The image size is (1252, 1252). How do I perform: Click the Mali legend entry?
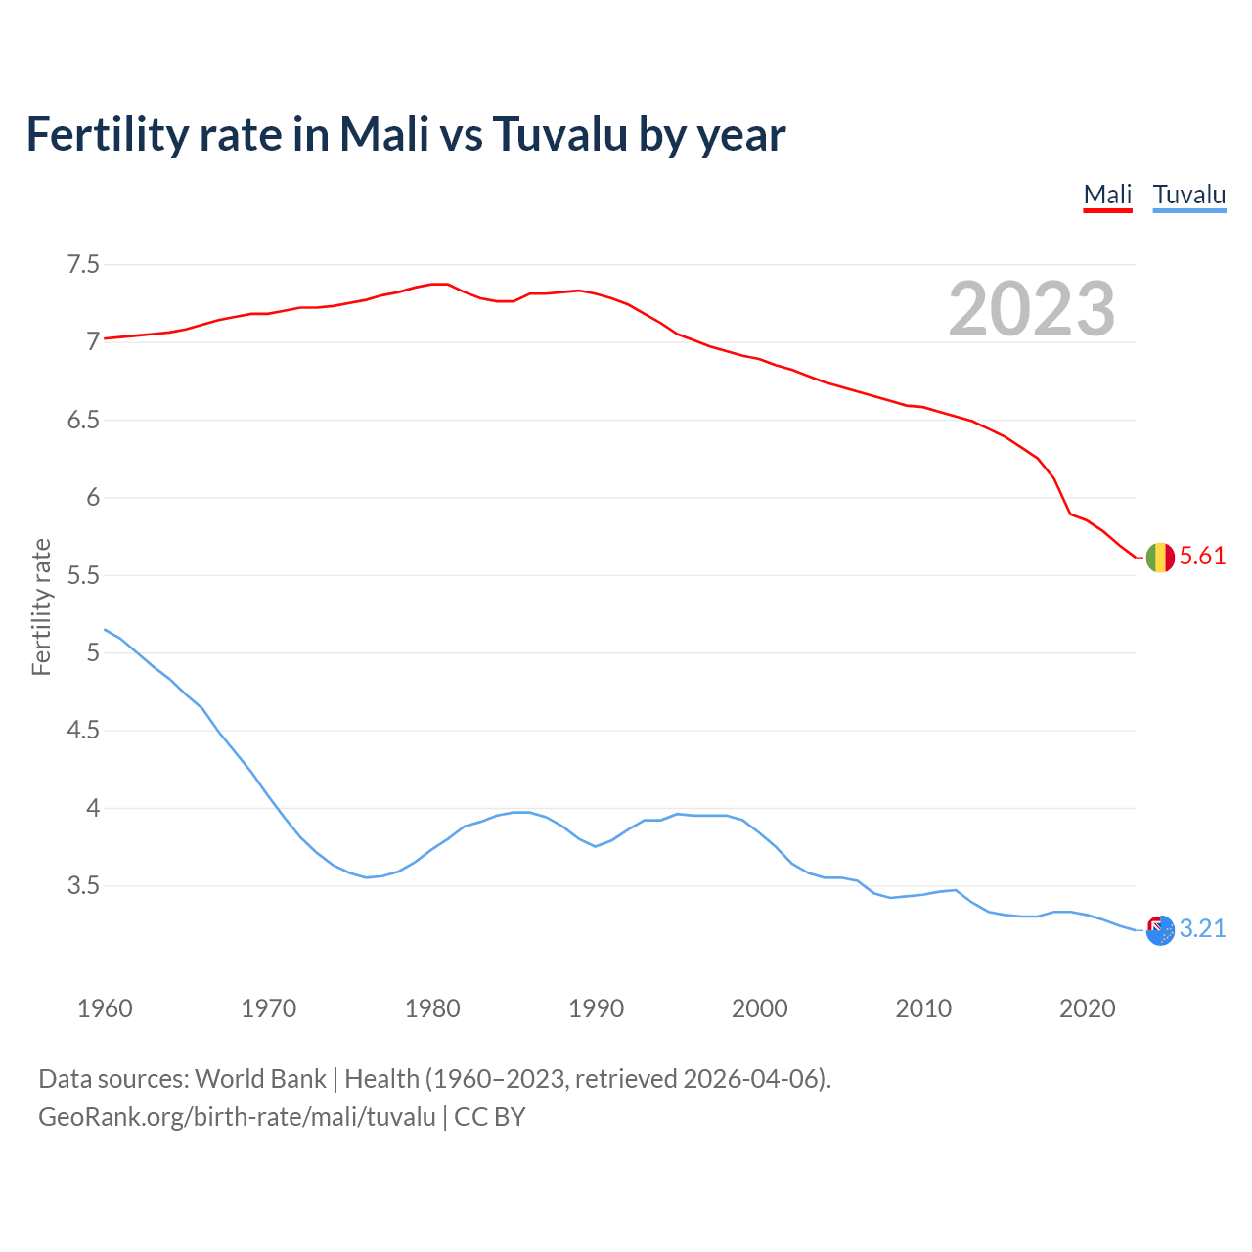(x=1107, y=195)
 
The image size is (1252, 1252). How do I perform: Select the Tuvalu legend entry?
(x=1188, y=195)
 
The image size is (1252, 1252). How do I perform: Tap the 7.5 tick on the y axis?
(x=83, y=265)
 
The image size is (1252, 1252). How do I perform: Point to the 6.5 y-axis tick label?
(x=83, y=421)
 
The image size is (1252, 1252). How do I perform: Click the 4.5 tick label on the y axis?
(x=83, y=731)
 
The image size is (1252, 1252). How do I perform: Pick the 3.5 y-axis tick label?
(x=83, y=886)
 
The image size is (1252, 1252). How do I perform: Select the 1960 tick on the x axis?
(x=105, y=1008)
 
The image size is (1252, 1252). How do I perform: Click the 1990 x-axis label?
(x=596, y=1008)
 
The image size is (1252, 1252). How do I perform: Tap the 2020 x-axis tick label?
(x=1087, y=1008)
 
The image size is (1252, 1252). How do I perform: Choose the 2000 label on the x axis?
(x=759, y=1008)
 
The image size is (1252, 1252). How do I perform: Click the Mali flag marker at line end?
(x=1160, y=558)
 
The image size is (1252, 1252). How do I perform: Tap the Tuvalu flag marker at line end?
(x=1160, y=930)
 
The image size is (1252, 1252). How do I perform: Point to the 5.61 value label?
(x=1202, y=557)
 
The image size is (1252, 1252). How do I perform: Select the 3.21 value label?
(x=1202, y=929)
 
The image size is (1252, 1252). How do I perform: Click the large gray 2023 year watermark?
(x=1031, y=309)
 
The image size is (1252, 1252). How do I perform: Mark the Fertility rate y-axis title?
(x=41, y=606)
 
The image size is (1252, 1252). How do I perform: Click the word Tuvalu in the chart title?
(x=559, y=135)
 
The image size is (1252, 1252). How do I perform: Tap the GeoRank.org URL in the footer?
(x=237, y=1117)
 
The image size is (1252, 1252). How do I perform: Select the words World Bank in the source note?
(x=260, y=1079)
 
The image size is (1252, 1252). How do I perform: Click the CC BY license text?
(x=490, y=1117)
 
